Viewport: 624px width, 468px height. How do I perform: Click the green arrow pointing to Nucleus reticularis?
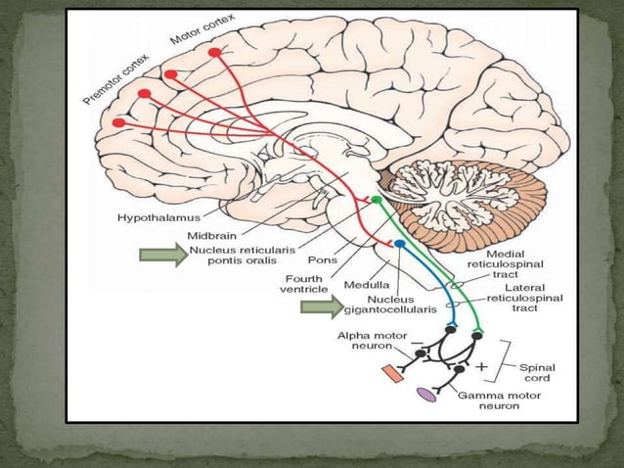pos(159,257)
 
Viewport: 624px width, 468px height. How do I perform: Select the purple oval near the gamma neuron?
pos(426,394)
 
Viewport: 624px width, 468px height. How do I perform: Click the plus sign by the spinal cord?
pos(482,366)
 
